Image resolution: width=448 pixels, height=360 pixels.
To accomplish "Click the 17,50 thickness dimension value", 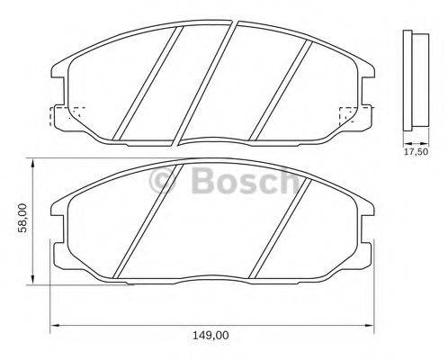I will click(x=414, y=153).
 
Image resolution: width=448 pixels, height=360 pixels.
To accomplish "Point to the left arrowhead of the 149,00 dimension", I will click(x=52, y=324).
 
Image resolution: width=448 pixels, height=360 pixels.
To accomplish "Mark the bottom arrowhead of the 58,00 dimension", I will click(x=33, y=281).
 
